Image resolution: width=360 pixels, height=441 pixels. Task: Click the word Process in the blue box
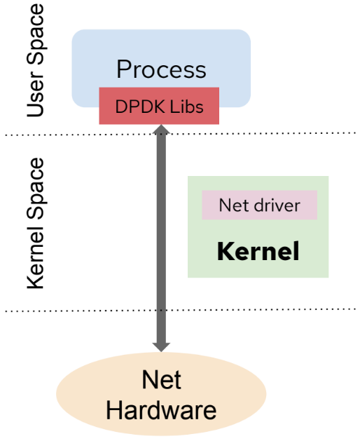click(161, 69)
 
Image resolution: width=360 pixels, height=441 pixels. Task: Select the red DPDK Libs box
click(160, 106)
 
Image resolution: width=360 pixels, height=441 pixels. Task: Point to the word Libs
click(188, 106)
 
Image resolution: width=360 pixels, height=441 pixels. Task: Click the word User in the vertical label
click(35, 97)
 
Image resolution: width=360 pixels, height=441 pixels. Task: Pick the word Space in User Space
click(35, 39)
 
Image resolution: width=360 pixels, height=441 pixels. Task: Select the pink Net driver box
click(259, 205)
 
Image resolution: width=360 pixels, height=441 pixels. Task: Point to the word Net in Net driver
click(234, 205)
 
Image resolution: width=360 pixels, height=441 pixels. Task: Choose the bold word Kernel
click(258, 250)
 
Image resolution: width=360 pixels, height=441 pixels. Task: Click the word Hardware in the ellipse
click(161, 409)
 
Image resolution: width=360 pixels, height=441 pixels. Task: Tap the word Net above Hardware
click(161, 380)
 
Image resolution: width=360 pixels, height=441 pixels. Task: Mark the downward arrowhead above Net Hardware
click(161, 344)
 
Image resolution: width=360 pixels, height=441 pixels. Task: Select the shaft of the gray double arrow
click(161, 238)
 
